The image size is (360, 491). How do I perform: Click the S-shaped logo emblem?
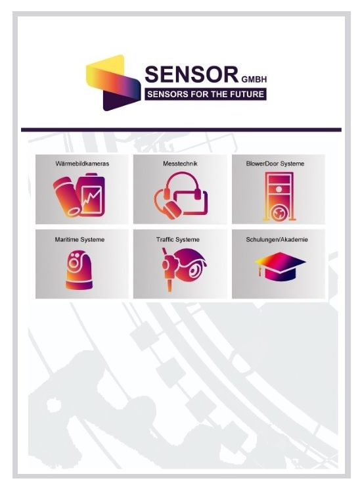(113, 83)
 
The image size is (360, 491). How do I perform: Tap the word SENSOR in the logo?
(192, 74)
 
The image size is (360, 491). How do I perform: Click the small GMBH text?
(254, 80)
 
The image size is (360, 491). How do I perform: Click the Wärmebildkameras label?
(82, 164)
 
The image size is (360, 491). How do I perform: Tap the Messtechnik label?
(180, 164)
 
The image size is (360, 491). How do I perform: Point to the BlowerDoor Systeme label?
(275, 164)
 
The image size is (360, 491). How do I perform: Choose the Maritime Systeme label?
(79, 239)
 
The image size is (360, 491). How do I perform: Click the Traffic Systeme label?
(178, 239)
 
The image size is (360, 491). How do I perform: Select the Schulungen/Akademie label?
(277, 239)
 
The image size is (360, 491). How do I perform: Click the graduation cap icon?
(280, 266)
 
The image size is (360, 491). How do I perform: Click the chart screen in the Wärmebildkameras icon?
(92, 200)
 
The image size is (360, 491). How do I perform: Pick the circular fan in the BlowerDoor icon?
(278, 213)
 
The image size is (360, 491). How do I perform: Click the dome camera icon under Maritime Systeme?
(79, 270)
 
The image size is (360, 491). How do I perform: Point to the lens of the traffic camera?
(196, 270)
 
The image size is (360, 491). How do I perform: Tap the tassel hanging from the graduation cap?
(259, 269)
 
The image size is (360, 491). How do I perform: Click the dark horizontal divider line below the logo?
(181, 129)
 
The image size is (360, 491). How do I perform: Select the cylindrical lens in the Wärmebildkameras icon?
(67, 197)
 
